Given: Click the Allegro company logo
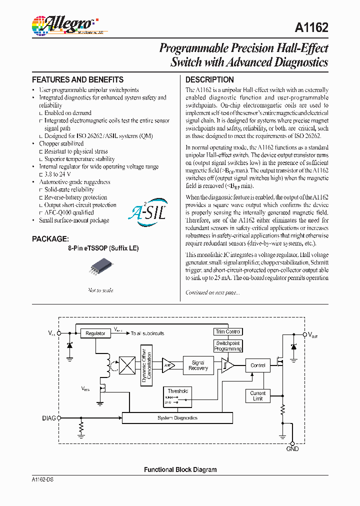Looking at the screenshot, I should point(62,25).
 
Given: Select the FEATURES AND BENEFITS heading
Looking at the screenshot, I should point(77,80).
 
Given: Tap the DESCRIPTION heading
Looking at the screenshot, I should point(209,80).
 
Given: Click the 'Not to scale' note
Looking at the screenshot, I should point(100,290).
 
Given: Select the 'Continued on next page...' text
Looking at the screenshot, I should point(212,292).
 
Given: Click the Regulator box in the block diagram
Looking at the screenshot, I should point(95,333).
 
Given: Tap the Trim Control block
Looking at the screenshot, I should point(227,331).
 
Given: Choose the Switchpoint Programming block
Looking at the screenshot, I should point(228,346).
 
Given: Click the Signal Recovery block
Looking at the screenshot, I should point(198,365).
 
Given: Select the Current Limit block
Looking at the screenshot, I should point(258,396).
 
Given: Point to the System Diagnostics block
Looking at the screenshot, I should point(177,418).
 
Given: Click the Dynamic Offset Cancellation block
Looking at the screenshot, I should point(146,365).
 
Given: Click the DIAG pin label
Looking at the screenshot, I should point(49,417).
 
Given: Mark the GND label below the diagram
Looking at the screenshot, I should point(292,449).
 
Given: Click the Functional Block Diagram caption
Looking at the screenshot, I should point(180,469).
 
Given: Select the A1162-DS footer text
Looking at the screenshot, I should point(42,479).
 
